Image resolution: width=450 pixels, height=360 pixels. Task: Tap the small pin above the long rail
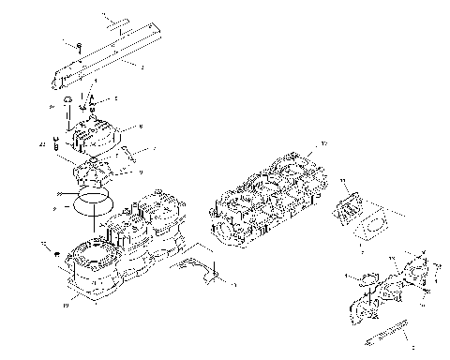tap(118, 21)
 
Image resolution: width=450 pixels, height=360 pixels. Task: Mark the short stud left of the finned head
tap(56, 146)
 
